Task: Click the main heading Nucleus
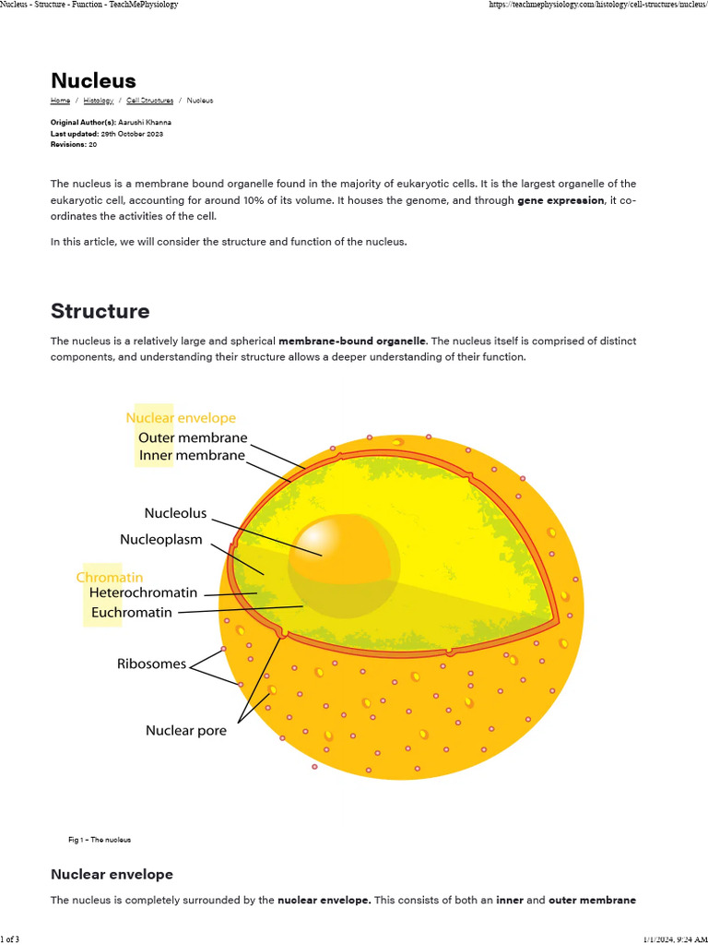(x=93, y=81)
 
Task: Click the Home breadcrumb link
(x=60, y=101)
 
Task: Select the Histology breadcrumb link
(x=99, y=101)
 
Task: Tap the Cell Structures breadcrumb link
(x=149, y=101)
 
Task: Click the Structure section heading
(x=100, y=310)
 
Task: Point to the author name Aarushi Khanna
(x=146, y=123)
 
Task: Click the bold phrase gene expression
(x=560, y=200)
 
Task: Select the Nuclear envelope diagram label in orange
(x=181, y=418)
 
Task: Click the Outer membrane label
(x=193, y=437)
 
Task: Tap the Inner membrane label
(x=192, y=455)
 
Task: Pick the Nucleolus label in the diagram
(x=175, y=513)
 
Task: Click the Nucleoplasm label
(x=160, y=539)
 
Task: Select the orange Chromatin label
(x=109, y=577)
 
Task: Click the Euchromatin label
(x=132, y=612)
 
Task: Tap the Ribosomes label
(x=151, y=664)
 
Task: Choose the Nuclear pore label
(x=185, y=730)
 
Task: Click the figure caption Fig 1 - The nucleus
(x=100, y=840)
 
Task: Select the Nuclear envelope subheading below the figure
(x=112, y=874)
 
